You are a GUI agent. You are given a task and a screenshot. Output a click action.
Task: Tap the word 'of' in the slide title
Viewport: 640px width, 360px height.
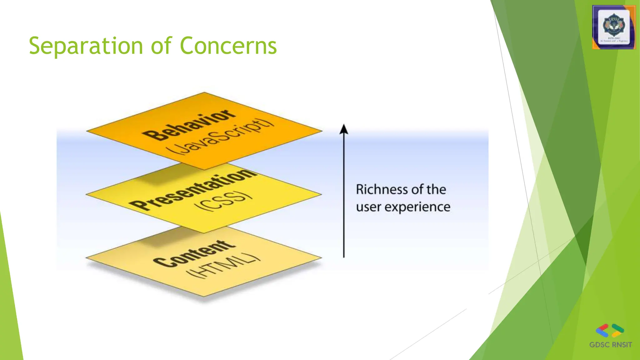[161, 46]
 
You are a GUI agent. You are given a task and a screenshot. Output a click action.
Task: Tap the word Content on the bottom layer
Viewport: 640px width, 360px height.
[194, 254]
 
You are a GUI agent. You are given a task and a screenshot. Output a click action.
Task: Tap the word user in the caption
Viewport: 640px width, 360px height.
[368, 207]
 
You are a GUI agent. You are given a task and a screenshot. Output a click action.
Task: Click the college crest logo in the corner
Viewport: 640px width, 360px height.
[614, 27]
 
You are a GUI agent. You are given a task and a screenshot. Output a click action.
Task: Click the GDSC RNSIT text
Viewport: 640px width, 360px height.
[610, 345]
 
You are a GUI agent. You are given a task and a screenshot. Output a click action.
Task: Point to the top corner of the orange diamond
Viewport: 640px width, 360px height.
[204, 92]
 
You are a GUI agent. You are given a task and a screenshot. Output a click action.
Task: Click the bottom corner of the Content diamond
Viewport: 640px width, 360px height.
[204, 296]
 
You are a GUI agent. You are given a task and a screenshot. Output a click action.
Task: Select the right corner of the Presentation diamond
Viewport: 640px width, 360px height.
[321, 194]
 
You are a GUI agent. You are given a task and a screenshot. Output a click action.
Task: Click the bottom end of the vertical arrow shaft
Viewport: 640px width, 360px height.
[344, 257]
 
